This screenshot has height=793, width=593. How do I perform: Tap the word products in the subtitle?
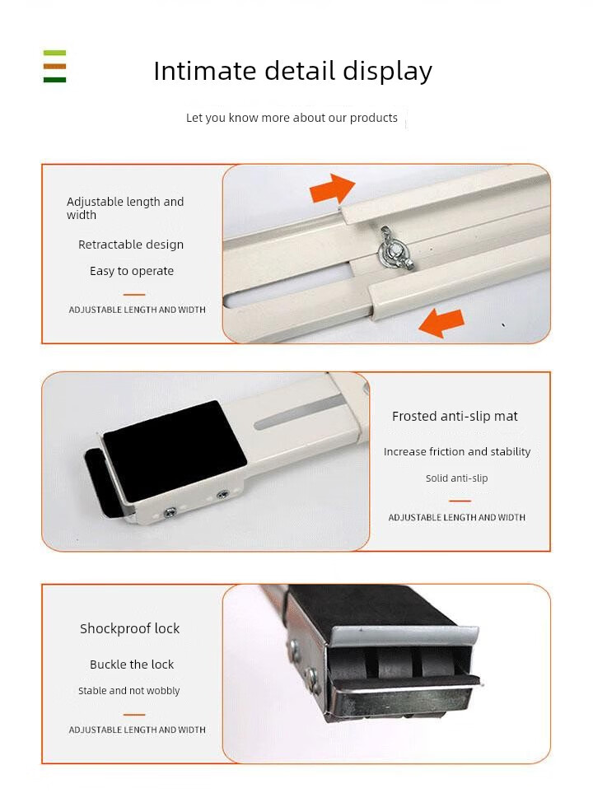(x=374, y=118)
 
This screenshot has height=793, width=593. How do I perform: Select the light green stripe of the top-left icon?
(x=54, y=53)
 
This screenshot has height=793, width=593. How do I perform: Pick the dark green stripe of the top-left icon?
(x=54, y=79)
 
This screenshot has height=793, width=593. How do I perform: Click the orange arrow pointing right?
(x=332, y=189)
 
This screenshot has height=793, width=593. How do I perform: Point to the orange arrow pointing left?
(x=441, y=322)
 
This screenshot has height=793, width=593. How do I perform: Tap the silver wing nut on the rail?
(x=395, y=249)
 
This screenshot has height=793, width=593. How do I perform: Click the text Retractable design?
(x=131, y=245)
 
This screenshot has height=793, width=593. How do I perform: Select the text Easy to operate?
(x=132, y=271)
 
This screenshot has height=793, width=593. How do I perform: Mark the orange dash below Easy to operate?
(x=134, y=294)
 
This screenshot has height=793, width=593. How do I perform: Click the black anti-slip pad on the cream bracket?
(x=175, y=450)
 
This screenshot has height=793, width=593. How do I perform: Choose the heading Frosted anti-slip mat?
(x=455, y=416)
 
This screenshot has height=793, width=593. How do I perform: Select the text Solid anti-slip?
(x=456, y=478)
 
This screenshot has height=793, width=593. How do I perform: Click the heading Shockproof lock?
(x=130, y=628)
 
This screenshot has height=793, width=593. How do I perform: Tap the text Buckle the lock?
(x=132, y=665)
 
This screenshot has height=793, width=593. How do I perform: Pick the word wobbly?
(x=163, y=692)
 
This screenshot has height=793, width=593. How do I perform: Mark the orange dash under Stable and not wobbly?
(x=134, y=715)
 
